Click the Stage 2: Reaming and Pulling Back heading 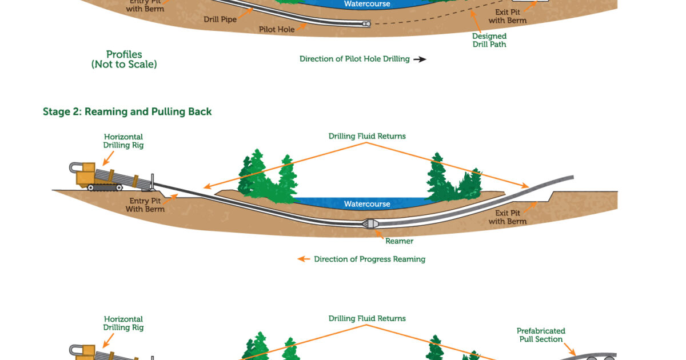tap(127, 111)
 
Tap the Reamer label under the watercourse tap(399, 241)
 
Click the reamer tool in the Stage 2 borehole tap(368, 224)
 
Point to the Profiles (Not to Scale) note tap(124, 59)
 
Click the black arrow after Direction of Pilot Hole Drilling tap(420, 59)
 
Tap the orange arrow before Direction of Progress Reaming tap(303, 259)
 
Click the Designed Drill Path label tap(489, 40)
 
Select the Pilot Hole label tap(277, 29)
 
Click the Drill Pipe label tap(220, 19)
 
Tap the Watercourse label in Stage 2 tap(367, 204)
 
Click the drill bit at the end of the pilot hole tap(365, 24)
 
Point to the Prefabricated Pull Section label tap(541, 335)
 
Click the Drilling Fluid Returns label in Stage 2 tap(367, 136)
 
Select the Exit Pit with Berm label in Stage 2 tap(508, 217)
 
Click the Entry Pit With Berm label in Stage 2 tap(145, 205)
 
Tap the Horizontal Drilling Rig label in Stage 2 tap(123, 141)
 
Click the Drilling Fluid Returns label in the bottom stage tap(367, 318)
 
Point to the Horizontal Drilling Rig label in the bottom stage tap(123, 323)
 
